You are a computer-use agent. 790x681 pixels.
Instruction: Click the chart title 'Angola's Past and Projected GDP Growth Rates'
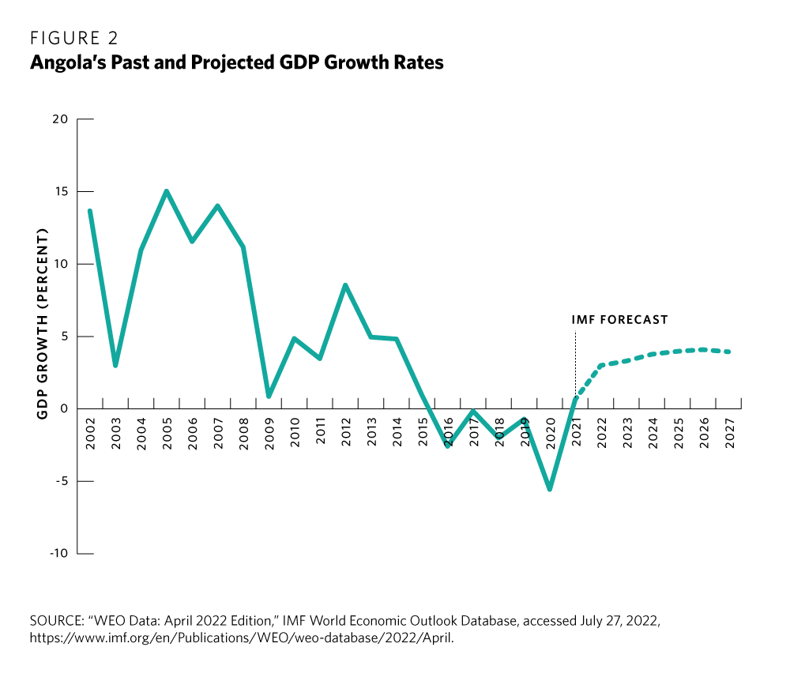point(236,62)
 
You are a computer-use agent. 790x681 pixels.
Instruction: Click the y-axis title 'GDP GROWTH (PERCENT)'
point(43,324)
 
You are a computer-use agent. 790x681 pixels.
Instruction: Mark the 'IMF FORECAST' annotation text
point(619,320)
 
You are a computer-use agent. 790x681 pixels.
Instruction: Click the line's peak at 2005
point(167,191)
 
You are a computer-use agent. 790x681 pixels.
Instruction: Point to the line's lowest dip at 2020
point(550,489)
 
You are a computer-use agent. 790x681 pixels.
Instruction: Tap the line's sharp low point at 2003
point(115,365)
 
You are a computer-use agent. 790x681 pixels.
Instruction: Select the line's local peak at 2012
point(346,285)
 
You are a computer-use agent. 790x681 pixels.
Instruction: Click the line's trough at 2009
point(269,396)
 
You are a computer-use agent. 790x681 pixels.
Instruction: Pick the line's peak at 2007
point(217,206)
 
